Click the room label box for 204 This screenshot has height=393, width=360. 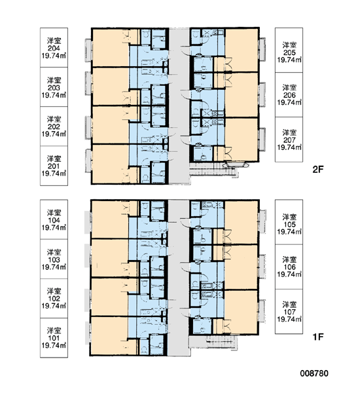click(54, 47)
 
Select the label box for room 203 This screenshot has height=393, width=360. click(54, 86)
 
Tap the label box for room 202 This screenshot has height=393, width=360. click(54, 126)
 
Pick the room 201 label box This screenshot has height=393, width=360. click(54, 166)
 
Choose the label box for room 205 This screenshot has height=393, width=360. click(289, 50)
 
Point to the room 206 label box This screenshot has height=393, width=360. click(289, 95)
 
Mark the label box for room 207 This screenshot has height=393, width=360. click(289, 140)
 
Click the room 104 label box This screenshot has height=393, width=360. click(54, 219)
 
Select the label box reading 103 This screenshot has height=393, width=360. click(54, 259)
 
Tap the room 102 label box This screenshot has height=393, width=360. click(54, 298)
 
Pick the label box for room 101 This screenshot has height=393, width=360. click(54, 337)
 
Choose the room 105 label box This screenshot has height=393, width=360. click(289, 222)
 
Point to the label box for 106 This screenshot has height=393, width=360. click(289, 267)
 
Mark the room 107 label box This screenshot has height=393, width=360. click(289, 312)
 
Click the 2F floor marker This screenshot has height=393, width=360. click(318, 170)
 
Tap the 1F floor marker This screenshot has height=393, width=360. click(318, 337)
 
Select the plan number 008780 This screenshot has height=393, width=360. click(314, 373)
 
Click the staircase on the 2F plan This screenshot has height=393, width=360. click(213, 171)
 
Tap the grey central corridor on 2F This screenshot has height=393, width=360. click(179, 105)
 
